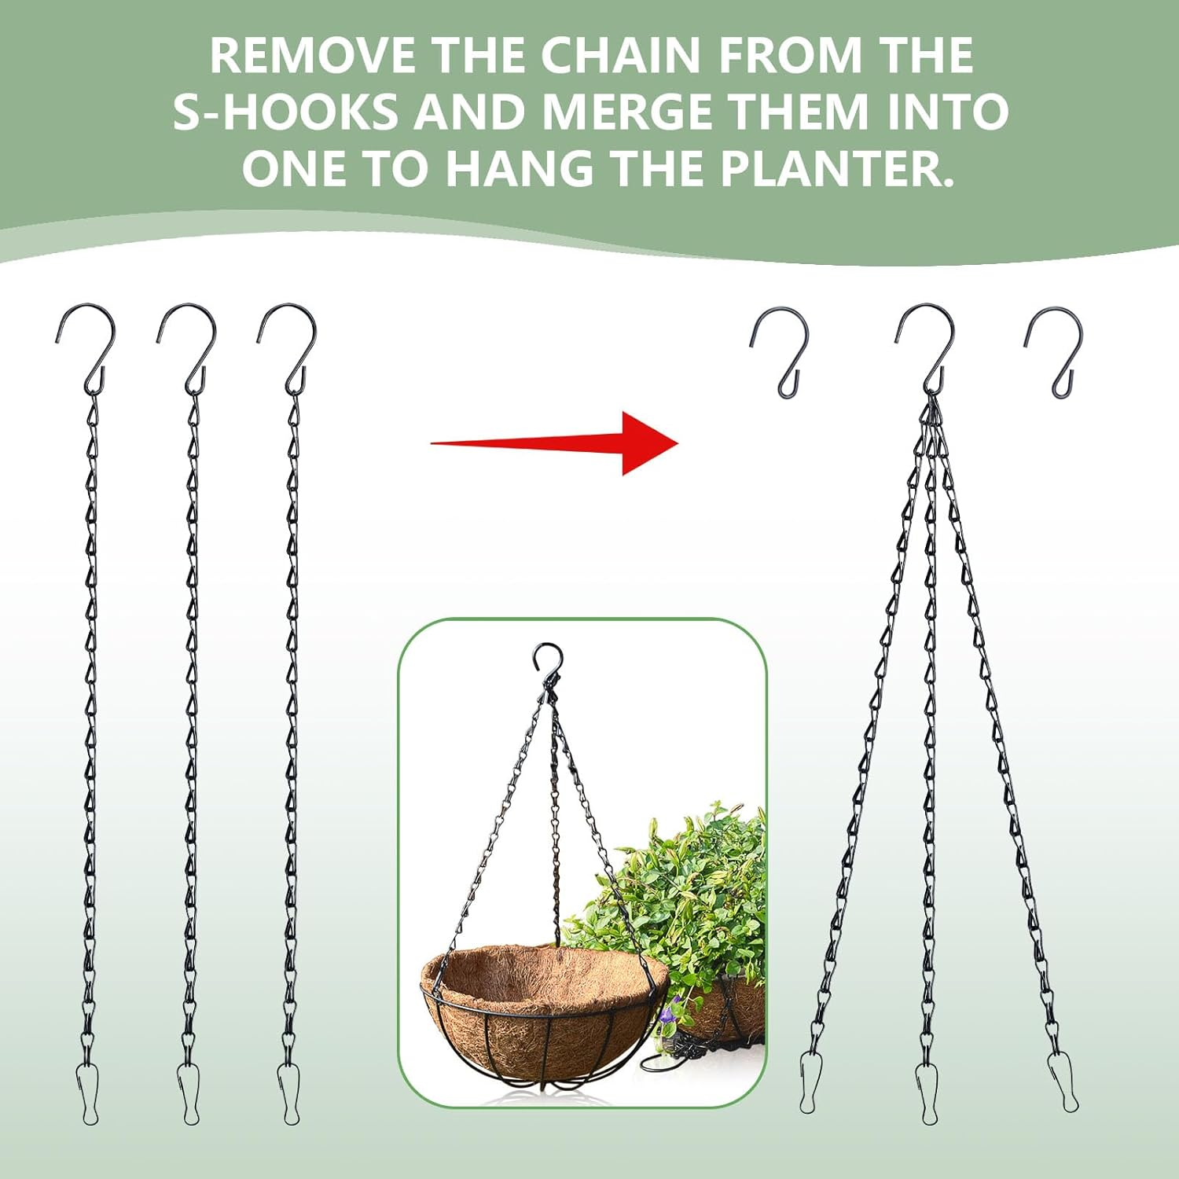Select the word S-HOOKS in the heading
285,112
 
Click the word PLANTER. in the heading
838,168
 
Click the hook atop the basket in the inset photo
547,660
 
